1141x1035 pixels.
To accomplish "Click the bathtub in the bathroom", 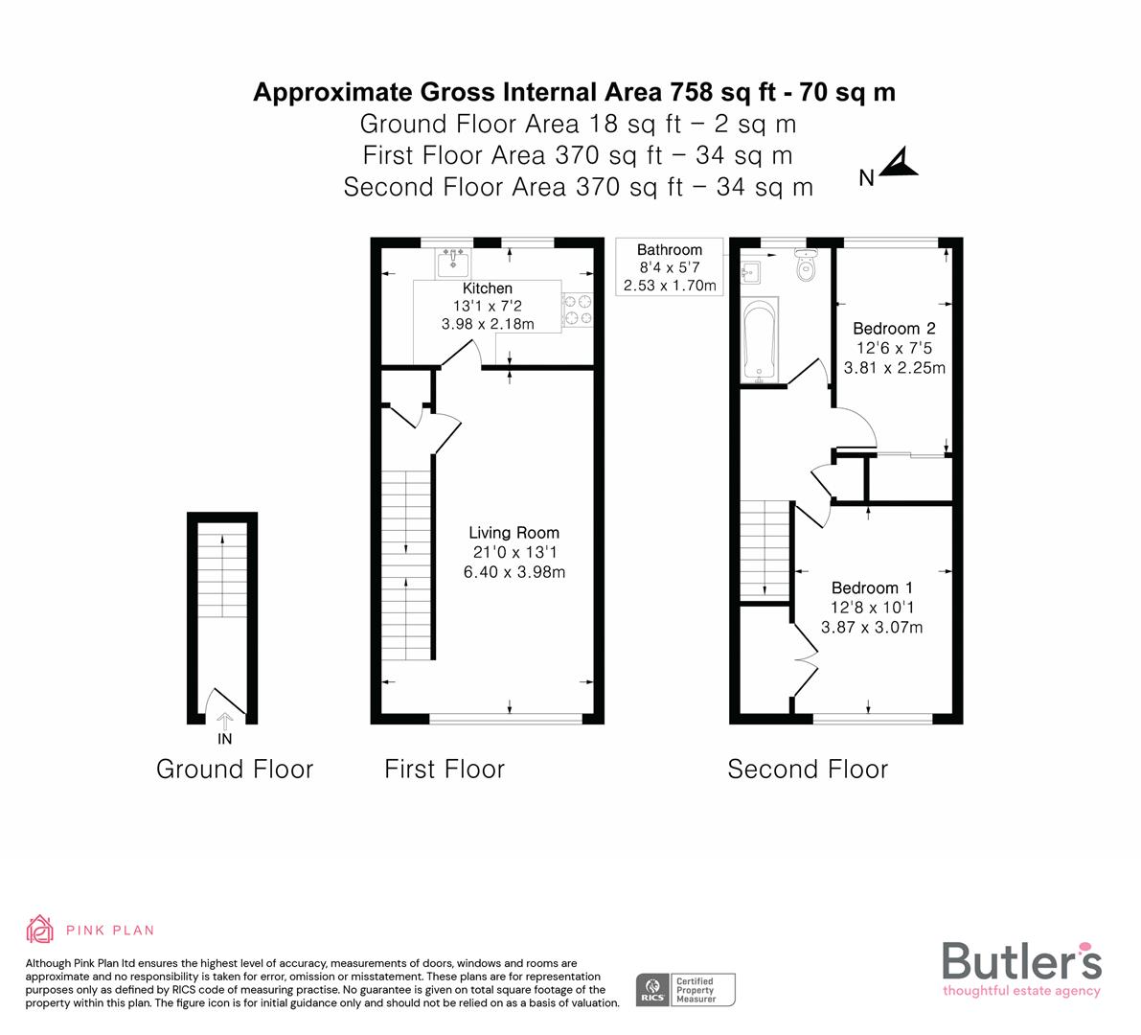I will [x=760, y=340].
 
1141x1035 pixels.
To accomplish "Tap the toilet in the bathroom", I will [x=806, y=265].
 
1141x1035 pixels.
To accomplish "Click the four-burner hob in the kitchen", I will [x=578, y=309].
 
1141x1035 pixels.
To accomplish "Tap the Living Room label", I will [x=513, y=533].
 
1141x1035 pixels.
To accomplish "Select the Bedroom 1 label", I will [x=872, y=588].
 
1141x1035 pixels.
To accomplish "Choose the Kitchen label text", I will [x=488, y=287].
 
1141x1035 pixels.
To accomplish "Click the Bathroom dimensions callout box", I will [x=670, y=267].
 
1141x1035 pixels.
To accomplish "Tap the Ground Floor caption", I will [x=235, y=769].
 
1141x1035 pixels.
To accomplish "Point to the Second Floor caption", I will [x=808, y=769].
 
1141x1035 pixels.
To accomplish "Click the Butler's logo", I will [x=1021, y=968].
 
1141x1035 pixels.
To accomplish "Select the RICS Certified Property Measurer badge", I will [x=686, y=988].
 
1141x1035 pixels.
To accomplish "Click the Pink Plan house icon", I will [x=40, y=929].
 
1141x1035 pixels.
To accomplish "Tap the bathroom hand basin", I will [x=750, y=271].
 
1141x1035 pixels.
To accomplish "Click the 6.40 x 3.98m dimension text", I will [x=513, y=573].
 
